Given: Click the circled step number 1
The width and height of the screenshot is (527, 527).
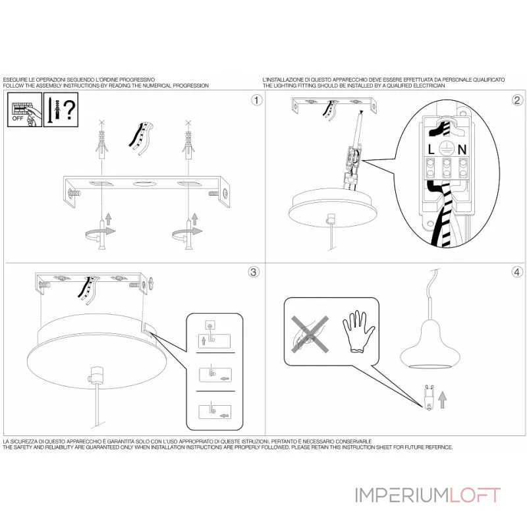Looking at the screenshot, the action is (x=257, y=100).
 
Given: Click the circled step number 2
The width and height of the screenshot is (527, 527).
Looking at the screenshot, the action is (x=517, y=100).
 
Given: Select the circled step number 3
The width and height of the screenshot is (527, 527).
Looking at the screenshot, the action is (x=254, y=272).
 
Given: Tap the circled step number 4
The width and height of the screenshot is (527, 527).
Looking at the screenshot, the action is (x=517, y=272).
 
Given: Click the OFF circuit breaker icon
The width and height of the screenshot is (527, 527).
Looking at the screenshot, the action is (x=25, y=110).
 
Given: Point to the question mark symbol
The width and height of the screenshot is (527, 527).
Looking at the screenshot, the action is (x=69, y=109).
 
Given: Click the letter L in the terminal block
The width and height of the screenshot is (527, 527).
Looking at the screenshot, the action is (x=431, y=150).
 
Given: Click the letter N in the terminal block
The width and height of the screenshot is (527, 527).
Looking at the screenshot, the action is (x=462, y=150).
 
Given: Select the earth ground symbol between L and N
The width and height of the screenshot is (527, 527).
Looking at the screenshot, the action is (x=447, y=149).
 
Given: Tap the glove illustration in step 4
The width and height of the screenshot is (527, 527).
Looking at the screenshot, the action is (x=358, y=331).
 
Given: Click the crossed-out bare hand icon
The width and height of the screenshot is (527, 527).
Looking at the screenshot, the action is (x=310, y=335).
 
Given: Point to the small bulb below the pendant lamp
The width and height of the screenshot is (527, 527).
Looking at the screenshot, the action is (x=429, y=398).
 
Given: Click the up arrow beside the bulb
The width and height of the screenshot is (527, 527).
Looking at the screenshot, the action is (x=443, y=399).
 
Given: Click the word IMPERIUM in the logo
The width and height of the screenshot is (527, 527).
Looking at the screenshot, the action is (x=402, y=495).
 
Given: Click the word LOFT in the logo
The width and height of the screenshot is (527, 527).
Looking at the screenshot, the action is (x=475, y=495).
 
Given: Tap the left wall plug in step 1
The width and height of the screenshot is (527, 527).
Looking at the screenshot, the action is (x=101, y=145).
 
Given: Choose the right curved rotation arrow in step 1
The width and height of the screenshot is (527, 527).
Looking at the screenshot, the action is (x=188, y=234).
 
